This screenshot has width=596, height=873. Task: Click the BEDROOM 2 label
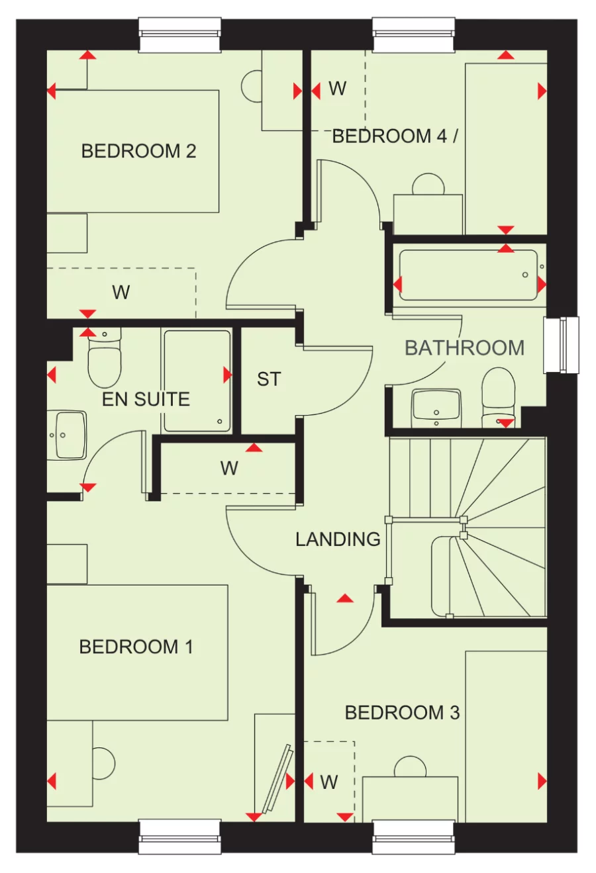tap(138, 151)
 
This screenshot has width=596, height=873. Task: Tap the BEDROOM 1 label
tap(136, 647)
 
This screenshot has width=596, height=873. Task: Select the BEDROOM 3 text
tap(402, 713)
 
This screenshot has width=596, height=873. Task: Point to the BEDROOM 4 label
tap(395, 136)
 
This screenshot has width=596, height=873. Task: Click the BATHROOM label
tap(464, 348)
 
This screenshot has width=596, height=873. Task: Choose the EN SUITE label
tap(146, 399)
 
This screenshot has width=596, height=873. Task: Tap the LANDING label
tap(338, 539)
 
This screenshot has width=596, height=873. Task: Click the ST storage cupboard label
tap(269, 379)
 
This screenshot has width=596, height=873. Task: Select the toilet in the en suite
tap(105, 361)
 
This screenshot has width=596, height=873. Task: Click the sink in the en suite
tap(68, 435)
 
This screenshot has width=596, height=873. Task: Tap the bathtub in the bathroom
tap(469, 275)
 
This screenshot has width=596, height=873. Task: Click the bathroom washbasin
tap(436, 407)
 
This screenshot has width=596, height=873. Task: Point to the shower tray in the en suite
tap(197, 381)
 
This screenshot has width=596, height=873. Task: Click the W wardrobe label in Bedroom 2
tap(121, 292)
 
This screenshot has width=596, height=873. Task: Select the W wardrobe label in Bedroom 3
tap(329, 782)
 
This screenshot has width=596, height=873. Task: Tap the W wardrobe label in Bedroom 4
tap(337, 89)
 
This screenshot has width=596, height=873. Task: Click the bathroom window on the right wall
tap(561, 345)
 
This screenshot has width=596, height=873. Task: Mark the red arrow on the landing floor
tap(344, 599)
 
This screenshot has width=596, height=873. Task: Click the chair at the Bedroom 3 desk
tap(410, 767)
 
